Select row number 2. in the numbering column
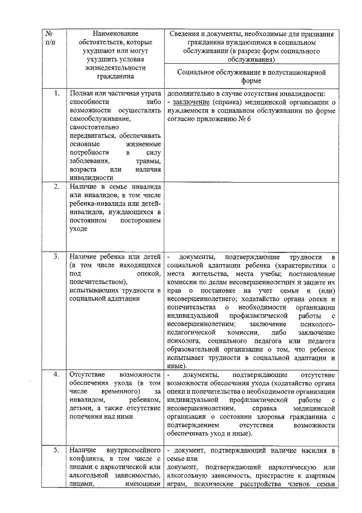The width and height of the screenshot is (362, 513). click(56, 187)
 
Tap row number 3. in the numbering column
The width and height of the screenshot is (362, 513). click(56, 257)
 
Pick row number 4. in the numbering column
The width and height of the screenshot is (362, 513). click(56, 375)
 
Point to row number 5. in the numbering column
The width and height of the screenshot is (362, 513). click(56, 450)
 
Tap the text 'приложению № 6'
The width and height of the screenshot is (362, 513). click(224, 119)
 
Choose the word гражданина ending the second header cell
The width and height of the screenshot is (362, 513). click(115, 76)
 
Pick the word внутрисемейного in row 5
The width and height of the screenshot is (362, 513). click(134, 451)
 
